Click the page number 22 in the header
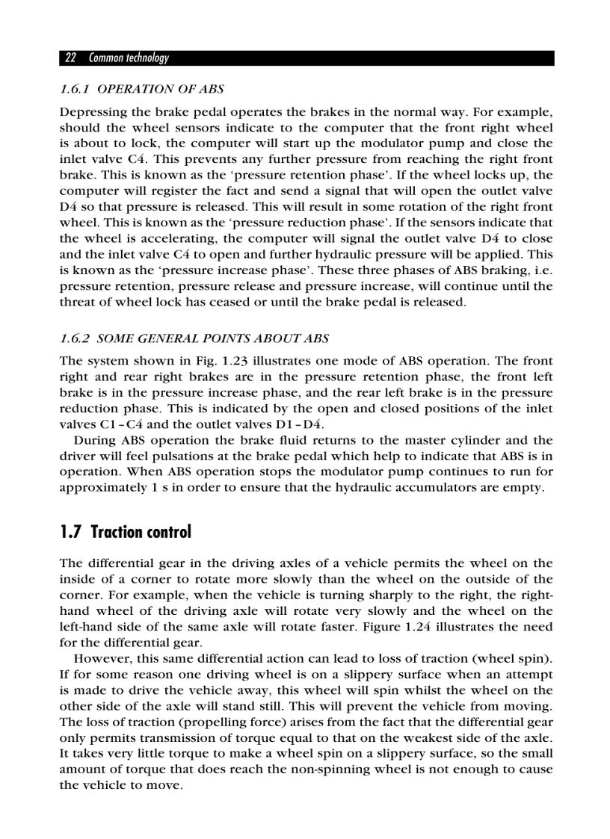click(71, 58)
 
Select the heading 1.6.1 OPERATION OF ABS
click(141, 89)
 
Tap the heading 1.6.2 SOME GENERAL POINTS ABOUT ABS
click(194, 338)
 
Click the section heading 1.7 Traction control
click(125, 532)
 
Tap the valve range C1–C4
click(108, 424)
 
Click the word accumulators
click(457, 488)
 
